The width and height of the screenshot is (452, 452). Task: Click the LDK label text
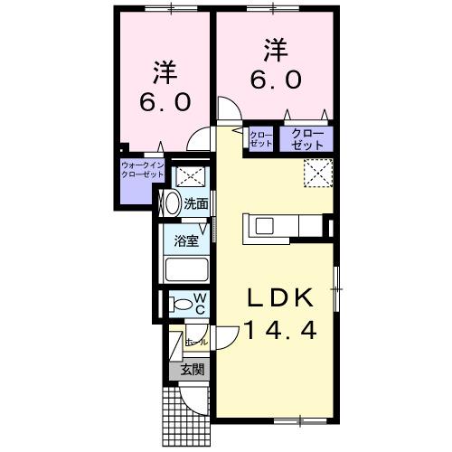tap(281, 299)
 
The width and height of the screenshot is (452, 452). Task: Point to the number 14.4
tap(281, 331)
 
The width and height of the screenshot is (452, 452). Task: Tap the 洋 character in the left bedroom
tap(164, 71)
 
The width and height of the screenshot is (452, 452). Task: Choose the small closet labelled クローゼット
tap(261, 139)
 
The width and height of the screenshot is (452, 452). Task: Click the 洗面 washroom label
tap(196, 204)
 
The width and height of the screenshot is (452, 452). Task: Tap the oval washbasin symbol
tap(170, 202)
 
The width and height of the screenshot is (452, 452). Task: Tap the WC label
tap(201, 304)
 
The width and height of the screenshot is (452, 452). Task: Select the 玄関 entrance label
tap(191, 369)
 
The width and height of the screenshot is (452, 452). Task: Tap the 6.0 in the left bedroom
tap(164, 101)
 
